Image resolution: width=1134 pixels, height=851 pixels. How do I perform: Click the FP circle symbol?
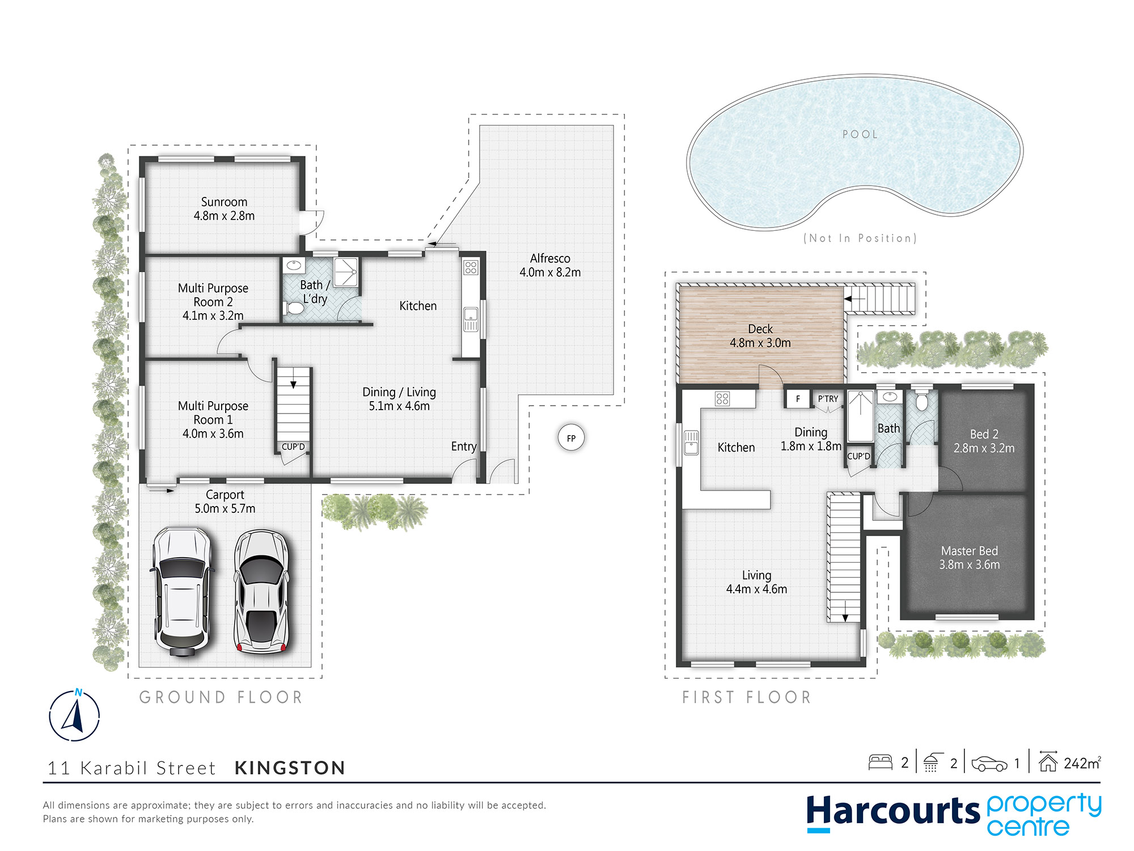point(571,438)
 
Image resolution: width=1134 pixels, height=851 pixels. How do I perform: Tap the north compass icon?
point(74,715)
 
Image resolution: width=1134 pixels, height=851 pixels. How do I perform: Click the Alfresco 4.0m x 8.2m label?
point(550,265)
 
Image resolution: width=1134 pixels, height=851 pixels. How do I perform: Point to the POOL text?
point(860,134)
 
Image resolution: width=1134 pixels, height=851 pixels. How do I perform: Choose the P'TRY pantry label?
point(828,399)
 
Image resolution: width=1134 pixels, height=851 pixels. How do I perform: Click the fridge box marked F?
point(798,399)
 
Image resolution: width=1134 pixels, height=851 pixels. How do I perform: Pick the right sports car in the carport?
point(261,592)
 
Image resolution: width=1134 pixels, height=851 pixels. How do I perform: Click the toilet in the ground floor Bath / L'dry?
point(294,308)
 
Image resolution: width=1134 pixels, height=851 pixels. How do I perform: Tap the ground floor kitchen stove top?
point(471,267)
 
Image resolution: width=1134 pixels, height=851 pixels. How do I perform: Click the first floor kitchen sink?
point(691,443)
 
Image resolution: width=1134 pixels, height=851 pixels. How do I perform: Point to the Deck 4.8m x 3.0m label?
point(760,336)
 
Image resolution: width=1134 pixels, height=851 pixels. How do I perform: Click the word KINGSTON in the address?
point(290,768)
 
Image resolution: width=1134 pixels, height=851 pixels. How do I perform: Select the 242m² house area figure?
point(1082,763)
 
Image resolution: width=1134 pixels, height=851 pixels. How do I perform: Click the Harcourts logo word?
point(893,811)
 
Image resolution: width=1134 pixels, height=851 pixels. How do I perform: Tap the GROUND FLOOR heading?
point(221,697)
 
